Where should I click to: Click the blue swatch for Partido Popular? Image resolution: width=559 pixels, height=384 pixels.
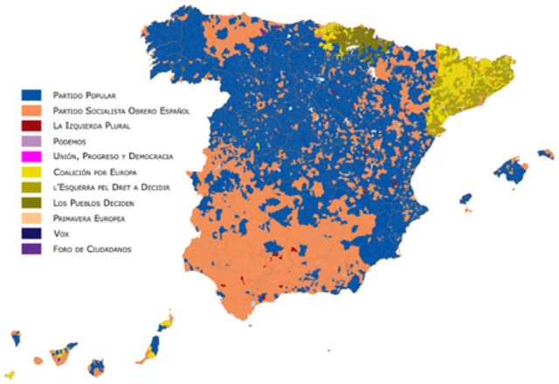click(32, 93)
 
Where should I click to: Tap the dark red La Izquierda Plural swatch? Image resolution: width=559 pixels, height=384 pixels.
click(32, 125)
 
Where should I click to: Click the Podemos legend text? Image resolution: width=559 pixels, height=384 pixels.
click(69, 141)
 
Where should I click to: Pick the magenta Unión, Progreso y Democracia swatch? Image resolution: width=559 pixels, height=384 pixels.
click(32, 157)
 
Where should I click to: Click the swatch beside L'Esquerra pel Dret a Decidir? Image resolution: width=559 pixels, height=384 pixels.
click(32, 187)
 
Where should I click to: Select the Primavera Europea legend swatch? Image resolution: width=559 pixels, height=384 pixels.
click(32, 219)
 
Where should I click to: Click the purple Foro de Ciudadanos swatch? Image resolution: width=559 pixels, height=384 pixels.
click(32, 250)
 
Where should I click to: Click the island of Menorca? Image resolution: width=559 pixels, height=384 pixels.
click(546, 154)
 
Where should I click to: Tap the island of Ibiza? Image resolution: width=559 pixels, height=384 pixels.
click(466, 199)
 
